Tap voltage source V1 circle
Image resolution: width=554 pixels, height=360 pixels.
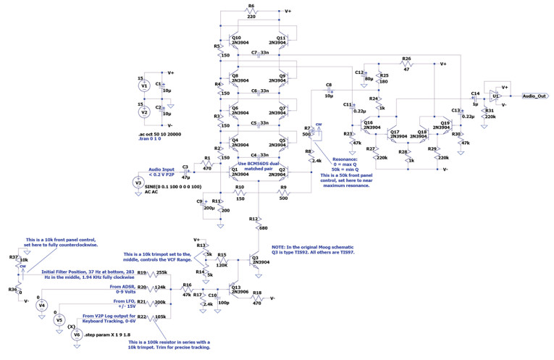143,86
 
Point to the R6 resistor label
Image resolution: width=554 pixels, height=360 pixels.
251,6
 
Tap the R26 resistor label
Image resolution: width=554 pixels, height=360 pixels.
406,59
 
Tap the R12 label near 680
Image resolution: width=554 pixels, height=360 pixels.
253,218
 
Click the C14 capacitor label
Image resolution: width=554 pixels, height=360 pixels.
475,93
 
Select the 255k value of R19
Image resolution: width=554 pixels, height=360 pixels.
161,272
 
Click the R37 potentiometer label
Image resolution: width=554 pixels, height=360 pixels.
13,257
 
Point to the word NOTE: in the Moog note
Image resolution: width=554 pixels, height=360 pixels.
280,248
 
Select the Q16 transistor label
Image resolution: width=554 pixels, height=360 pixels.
368,123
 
